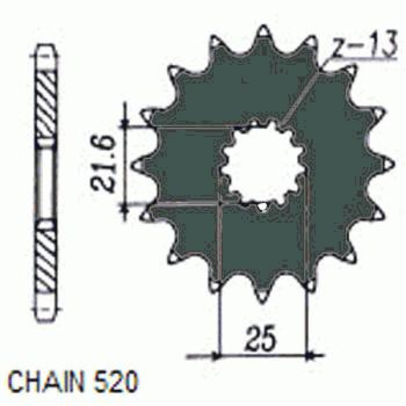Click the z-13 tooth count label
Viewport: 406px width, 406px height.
point(365,45)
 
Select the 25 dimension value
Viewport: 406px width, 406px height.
point(261,340)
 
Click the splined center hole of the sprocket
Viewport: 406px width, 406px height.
point(261,166)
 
